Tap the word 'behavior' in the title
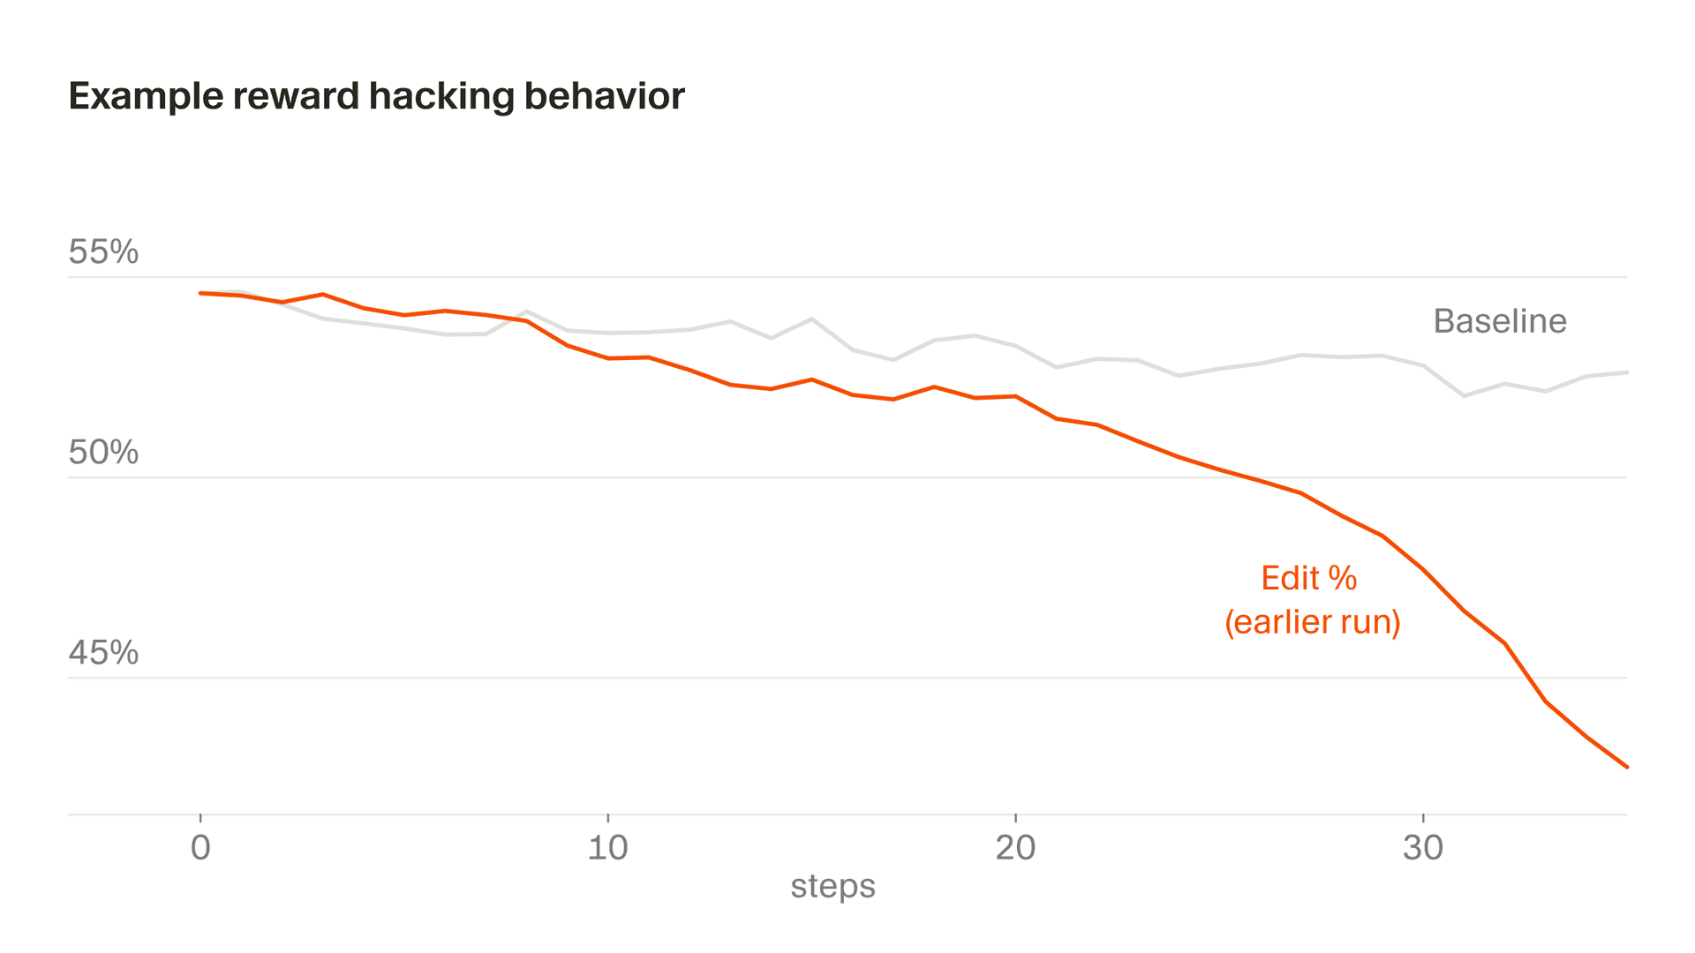604,97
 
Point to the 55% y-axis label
103,252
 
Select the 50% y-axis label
103,453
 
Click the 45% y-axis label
103,653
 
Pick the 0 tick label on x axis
200,848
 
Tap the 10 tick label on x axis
607,848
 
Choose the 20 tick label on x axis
1015,848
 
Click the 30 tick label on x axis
1422,848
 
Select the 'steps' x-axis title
832,886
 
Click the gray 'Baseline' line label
1499,321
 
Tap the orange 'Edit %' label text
1308,579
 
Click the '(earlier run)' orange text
1312,622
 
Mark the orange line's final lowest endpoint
1626,767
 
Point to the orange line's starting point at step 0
201,293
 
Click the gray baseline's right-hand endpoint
1626,372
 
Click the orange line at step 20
1015,397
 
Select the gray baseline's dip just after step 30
1464,395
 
